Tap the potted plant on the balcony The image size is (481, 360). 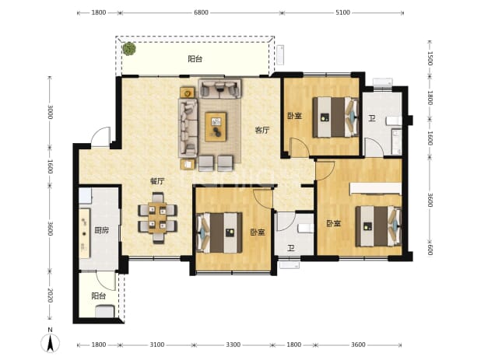click(x=129, y=49)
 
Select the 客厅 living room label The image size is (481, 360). click(x=262, y=130)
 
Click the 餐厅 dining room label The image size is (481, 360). click(x=157, y=181)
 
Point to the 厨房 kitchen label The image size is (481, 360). click(x=101, y=230)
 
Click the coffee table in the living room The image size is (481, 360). click(x=216, y=127)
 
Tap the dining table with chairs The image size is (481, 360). click(x=157, y=218)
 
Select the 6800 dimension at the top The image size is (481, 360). click(x=201, y=12)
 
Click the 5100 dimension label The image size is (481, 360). click(x=342, y=12)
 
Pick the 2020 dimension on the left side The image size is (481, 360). click(x=51, y=295)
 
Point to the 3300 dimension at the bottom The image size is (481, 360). click(x=233, y=344)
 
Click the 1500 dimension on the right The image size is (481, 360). click(x=430, y=58)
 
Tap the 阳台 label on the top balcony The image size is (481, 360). click(x=195, y=58)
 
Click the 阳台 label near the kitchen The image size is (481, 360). click(x=99, y=295)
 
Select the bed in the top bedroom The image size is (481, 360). click(x=335, y=117)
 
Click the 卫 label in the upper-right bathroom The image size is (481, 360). click(x=372, y=118)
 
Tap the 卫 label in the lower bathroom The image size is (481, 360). click(x=291, y=247)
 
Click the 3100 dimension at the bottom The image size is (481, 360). click(x=156, y=344)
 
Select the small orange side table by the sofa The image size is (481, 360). click(x=187, y=93)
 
